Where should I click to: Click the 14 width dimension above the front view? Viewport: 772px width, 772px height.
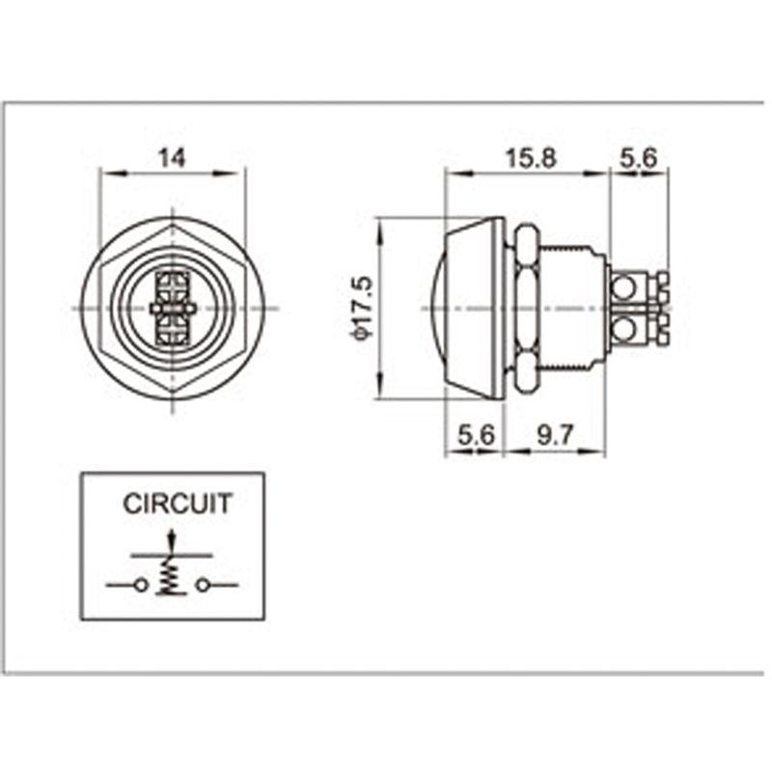172,158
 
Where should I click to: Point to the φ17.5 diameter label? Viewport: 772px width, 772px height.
361,307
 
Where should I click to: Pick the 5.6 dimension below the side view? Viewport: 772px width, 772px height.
476,435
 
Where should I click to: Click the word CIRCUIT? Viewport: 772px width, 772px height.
178,504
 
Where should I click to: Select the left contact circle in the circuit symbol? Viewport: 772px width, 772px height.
142,585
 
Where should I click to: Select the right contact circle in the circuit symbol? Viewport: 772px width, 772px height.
203,585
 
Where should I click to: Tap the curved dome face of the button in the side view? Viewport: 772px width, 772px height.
434,308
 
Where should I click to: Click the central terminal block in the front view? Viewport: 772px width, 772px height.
173,308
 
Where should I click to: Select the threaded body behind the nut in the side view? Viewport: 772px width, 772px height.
571,308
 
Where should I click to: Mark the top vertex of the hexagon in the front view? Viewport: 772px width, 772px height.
173,225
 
